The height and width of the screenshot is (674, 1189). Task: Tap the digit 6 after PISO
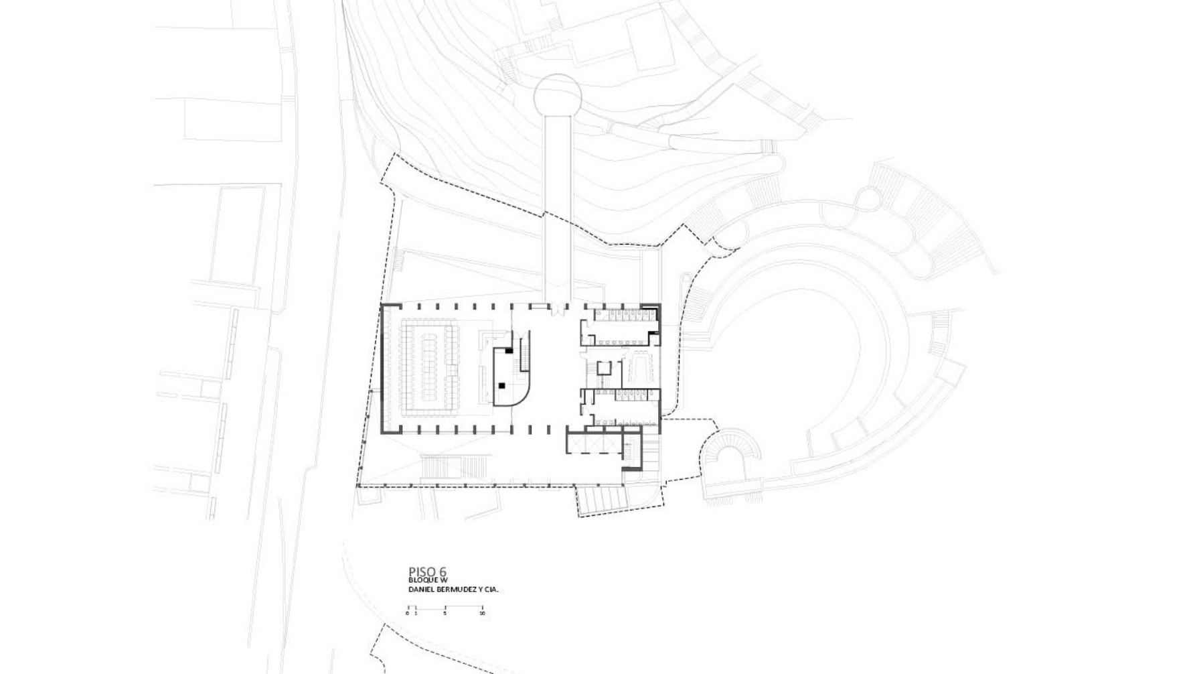(443, 572)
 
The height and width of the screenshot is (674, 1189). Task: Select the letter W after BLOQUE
(444, 580)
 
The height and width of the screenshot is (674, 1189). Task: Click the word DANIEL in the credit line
(422, 590)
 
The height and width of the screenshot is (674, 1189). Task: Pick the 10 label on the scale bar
(482, 613)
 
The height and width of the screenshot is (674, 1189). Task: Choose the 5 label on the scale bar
(445, 613)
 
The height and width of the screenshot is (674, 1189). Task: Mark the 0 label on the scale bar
(407, 613)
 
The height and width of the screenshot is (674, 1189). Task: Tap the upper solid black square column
(509, 350)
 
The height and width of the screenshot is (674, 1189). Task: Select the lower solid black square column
(501, 385)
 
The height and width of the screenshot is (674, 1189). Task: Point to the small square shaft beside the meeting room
(605, 368)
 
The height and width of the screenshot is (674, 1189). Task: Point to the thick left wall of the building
(383, 369)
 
